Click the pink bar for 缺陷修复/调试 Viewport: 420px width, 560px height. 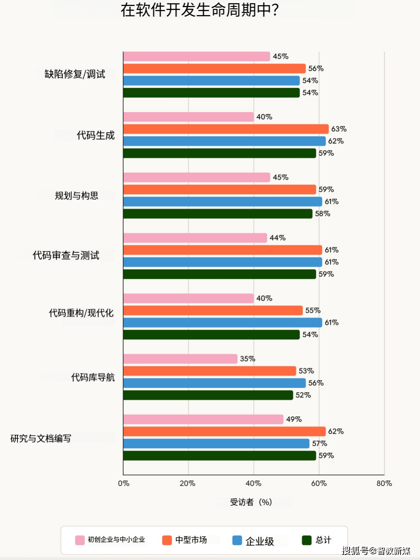point(196,56)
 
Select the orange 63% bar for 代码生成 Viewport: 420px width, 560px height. point(226,129)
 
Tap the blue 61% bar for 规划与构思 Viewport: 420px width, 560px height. point(223,202)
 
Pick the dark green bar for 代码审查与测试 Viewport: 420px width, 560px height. point(220,274)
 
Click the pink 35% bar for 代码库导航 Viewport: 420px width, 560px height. point(180,359)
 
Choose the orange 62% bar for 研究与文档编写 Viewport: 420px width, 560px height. point(224,432)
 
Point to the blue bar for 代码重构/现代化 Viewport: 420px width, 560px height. point(223,323)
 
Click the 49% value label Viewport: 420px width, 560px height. point(294,419)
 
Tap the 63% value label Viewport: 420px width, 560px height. point(339,129)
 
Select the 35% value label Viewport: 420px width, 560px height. point(247,359)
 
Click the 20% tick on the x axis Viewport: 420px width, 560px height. point(187,483)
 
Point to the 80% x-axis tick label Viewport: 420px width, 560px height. point(384,483)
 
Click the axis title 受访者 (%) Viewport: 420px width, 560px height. point(251,502)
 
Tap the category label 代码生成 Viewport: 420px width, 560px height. point(95,135)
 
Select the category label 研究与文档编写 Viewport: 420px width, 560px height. point(41,438)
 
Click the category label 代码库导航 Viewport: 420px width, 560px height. point(93,377)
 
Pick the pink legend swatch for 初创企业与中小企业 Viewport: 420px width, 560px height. point(80,540)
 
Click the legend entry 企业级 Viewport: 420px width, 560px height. point(260,541)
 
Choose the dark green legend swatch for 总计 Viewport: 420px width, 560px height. point(307,540)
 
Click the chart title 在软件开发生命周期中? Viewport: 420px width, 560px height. point(200,10)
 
